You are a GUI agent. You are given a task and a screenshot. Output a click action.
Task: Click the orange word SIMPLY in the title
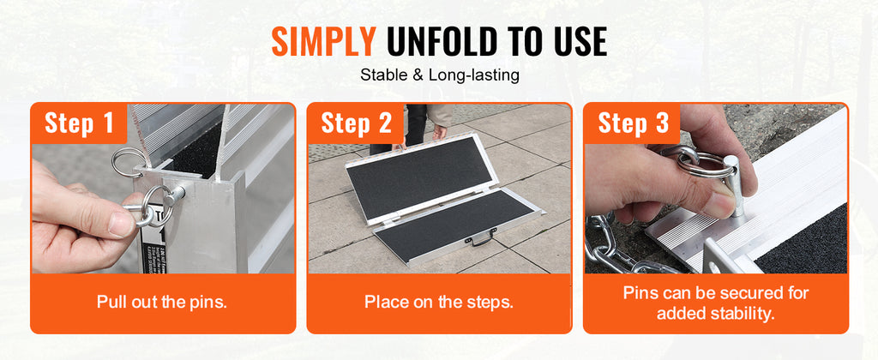[323, 40]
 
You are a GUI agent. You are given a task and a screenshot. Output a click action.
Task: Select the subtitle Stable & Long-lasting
[439, 75]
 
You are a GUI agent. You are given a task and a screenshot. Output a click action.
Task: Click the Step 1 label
[79, 123]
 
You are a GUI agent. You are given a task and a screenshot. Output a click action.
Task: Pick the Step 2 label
[356, 123]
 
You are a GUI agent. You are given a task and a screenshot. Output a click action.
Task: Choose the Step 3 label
[633, 123]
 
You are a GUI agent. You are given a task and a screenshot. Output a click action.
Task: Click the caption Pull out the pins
[162, 302]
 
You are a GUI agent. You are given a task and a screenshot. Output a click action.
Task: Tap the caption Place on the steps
[439, 302]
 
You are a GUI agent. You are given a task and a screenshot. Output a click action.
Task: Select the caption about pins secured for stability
[716, 303]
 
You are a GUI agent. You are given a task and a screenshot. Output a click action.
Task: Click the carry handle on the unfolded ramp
[480, 241]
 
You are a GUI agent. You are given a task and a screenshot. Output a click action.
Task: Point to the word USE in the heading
[575, 40]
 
